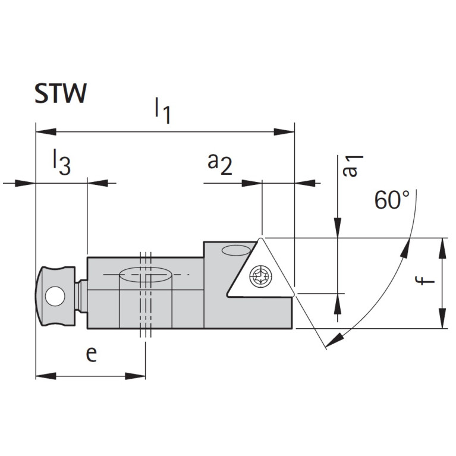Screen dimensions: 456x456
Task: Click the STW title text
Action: click(x=60, y=94)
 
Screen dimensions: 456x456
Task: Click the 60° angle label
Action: click(x=392, y=200)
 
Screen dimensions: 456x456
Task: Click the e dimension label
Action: click(x=91, y=354)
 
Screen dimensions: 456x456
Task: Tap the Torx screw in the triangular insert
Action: click(x=260, y=275)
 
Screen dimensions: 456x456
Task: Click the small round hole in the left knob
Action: click(x=55, y=295)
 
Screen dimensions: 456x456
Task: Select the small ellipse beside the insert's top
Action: click(x=234, y=250)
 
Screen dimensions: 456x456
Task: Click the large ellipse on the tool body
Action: click(x=146, y=275)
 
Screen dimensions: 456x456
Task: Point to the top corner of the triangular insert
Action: click(x=262, y=238)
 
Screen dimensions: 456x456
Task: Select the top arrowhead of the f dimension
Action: click(x=443, y=244)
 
